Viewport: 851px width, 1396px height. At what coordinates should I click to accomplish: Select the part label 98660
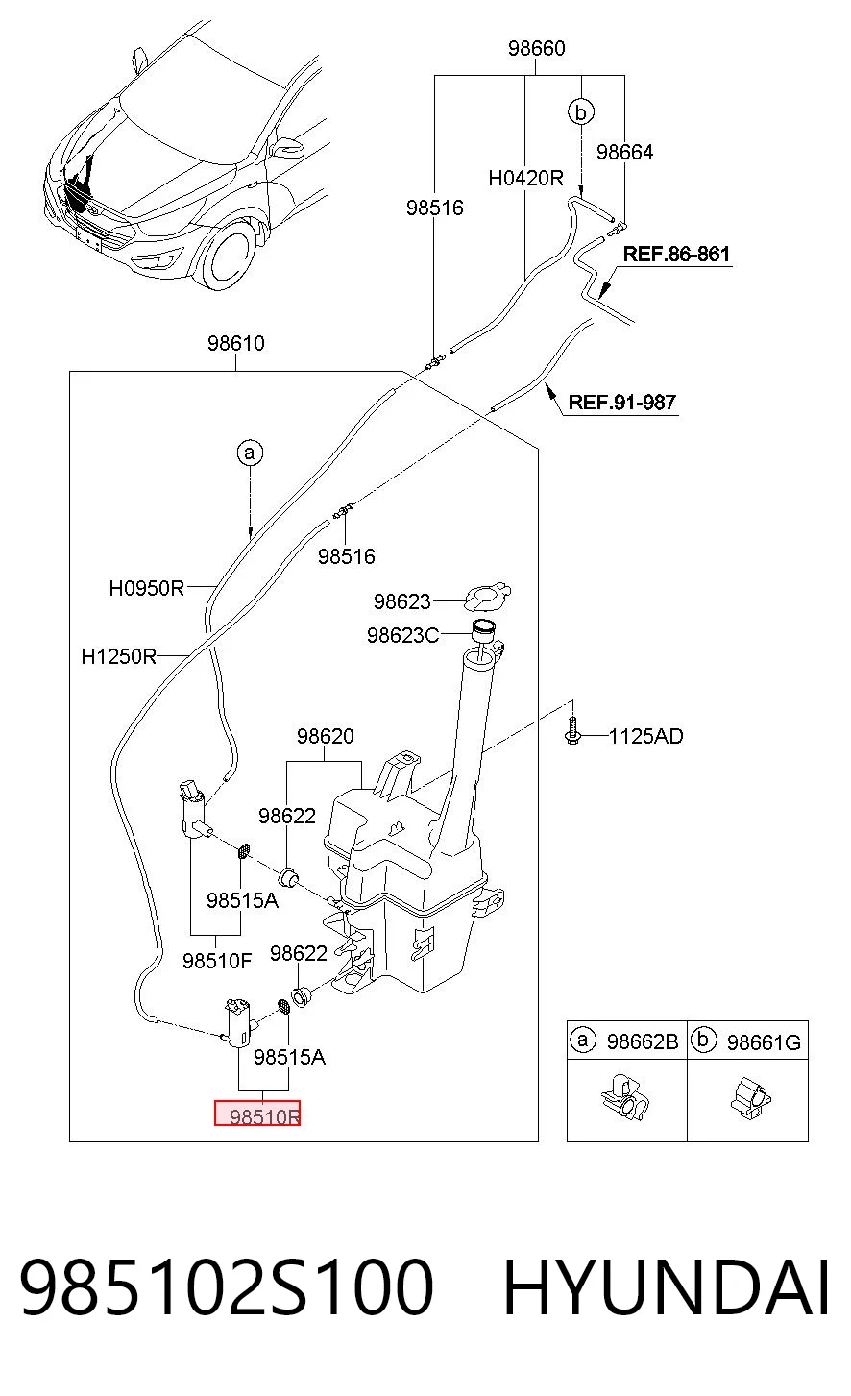[536, 48]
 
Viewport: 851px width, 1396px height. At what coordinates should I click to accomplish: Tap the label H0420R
[525, 179]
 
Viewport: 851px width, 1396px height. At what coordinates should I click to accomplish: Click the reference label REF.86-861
[676, 254]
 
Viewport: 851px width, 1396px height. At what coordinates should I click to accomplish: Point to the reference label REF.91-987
[621, 402]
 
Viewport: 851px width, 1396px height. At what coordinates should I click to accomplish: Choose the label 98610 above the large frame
[236, 343]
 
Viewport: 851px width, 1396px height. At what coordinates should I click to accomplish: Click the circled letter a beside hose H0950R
[250, 453]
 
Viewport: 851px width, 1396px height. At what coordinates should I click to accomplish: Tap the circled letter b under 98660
[581, 112]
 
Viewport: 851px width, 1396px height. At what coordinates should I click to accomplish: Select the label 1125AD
[646, 736]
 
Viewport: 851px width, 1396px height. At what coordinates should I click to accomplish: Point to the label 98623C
[402, 635]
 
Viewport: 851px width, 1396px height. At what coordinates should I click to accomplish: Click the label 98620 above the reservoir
[326, 736]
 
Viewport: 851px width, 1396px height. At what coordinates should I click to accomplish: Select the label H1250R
[118, 656]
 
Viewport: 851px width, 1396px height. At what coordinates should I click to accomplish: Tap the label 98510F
[217, 961]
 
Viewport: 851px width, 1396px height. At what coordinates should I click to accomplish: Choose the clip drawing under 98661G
[750, 1097]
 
